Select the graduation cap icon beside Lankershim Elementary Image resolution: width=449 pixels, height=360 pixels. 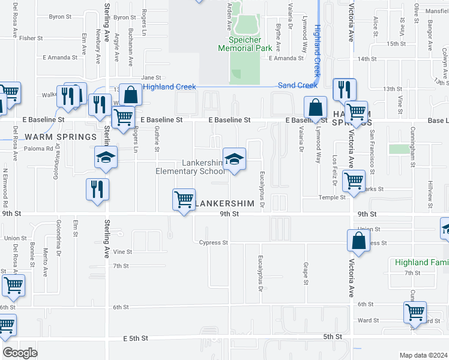(235, 159)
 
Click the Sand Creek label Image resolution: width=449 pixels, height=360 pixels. (298, 86)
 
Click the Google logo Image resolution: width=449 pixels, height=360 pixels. (20, 353)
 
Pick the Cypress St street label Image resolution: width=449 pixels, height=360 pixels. (214, 243)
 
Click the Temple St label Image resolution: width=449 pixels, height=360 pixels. (332, 197)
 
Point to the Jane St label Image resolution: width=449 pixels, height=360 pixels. (151, 77)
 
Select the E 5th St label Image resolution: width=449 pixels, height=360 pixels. (136, 338)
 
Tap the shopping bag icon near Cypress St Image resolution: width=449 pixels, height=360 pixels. (358, 241)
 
